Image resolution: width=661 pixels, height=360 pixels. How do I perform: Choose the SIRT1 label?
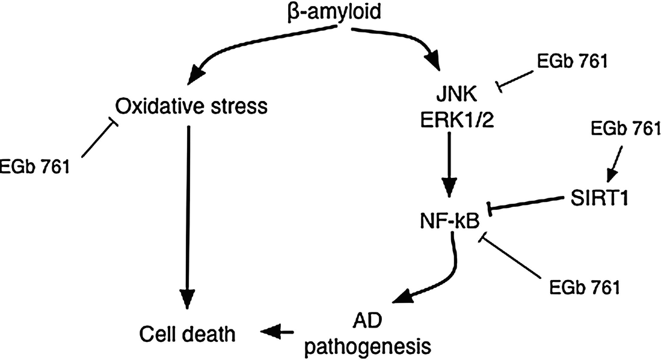tap(599, 198)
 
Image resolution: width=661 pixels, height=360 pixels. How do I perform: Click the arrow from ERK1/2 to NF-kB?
tap(452, 165)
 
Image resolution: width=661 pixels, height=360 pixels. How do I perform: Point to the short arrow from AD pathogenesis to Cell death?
tap(277, 330)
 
